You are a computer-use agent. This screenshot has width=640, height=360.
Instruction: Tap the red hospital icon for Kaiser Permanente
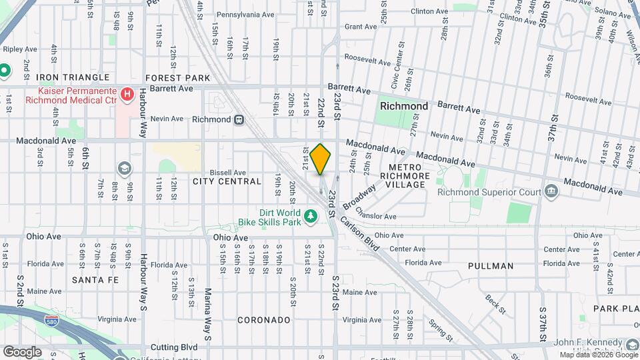[127, 94]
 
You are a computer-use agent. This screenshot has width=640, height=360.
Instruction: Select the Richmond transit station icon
[238, 119]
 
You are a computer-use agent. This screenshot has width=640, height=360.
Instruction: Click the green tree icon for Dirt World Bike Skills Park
[310, 216]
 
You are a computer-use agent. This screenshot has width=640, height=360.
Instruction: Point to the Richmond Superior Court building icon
[551, 192]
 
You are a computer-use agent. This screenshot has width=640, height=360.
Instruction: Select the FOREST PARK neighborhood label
[177, 78]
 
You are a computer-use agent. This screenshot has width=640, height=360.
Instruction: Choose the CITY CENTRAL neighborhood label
[227, 181]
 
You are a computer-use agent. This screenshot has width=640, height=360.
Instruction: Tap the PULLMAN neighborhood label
[491, 266]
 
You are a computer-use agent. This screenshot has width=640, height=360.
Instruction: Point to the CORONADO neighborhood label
[264, 320]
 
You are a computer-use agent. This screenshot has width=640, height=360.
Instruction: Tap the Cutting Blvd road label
[174, 347]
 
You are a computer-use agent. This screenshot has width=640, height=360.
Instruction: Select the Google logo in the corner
[22, 351]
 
